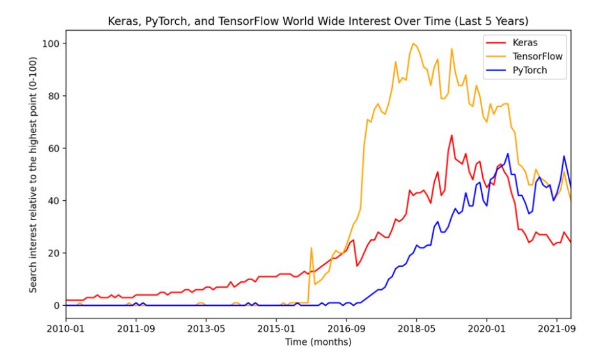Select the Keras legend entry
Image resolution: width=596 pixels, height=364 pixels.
click(x=525, y=42)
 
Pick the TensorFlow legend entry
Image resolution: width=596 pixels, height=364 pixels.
click(x=537, y=56)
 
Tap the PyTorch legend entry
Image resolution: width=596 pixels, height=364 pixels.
click(x=530, y=70)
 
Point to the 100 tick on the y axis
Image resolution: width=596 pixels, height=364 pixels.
click(x=51, y=44)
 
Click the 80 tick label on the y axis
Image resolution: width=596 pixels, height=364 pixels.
click(x=54, y=96)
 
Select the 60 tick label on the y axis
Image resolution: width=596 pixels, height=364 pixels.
click(x=54, y=148)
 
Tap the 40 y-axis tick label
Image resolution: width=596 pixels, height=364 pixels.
click(x=54, y=201)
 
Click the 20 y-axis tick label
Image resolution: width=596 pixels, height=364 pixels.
click(x=54, y=253)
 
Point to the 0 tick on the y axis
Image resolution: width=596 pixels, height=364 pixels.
click(x=56, y=306)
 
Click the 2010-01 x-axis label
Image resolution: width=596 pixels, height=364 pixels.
click(x=66, y=331)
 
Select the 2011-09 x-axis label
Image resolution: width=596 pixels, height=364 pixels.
click(x=136, y=331)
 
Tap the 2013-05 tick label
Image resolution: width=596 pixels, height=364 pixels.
click(x=206, y=331)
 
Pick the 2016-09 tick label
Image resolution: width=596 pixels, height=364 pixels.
click(x=347, y=331)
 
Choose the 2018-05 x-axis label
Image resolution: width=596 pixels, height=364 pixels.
click(x=416, y=331)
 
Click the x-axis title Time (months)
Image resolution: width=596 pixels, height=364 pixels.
click(x=318, y=343)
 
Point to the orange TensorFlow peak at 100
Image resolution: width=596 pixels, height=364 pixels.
click(x=413, y=44)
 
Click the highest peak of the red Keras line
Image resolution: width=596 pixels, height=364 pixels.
click(x=451, y=135)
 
